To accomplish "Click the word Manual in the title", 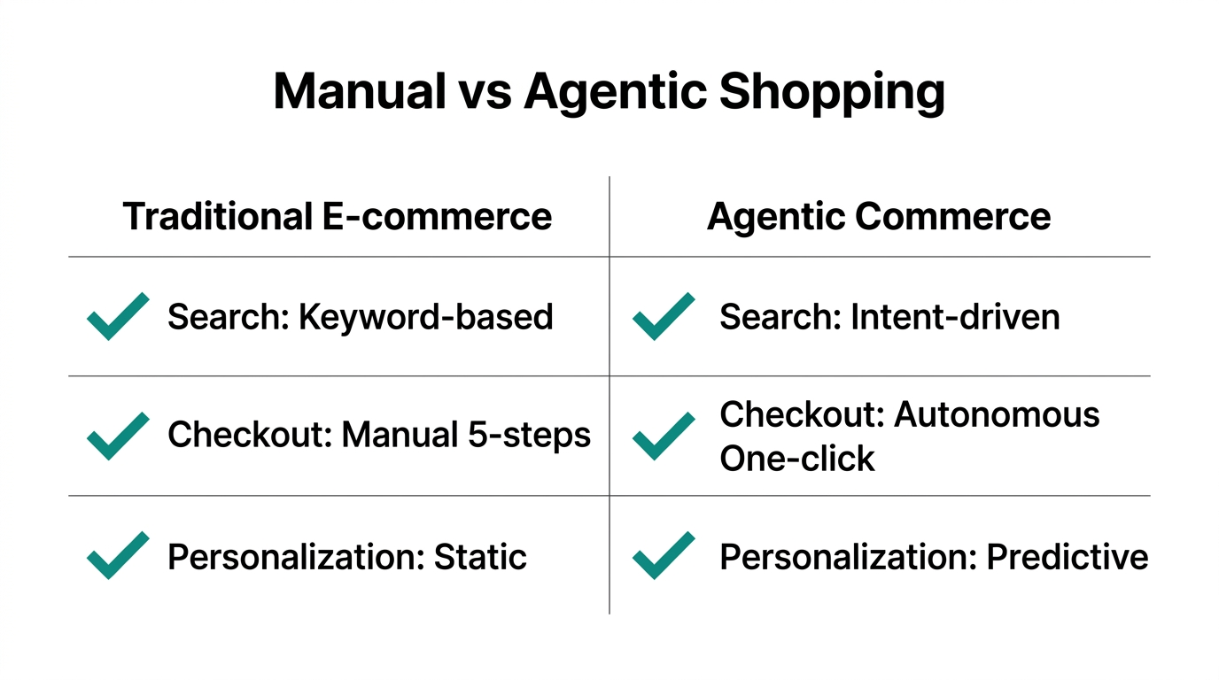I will [x=359, y=92].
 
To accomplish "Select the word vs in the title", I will [x=485, y=92].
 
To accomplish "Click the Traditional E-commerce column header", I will [x=338, y=217].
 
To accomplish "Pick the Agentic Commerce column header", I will [x=879, y=217].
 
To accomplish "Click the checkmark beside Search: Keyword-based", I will [x=118, y=317].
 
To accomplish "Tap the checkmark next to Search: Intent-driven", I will [x=664, y=317].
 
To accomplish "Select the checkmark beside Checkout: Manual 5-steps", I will [x=118, y=436].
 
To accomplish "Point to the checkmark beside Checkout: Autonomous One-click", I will [x=664, y=436].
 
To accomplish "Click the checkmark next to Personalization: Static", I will [x=118, y=555].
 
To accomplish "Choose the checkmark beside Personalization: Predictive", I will [x=664, y=555].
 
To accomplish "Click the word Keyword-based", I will [x=426, y=317].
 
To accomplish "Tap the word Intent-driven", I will [x=955, y=317].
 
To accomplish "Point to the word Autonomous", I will [x=998, y=414].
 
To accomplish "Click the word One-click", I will [x=797, y=459].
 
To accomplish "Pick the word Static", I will [x=480, y=557].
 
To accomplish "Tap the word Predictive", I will [x=1068, y=557].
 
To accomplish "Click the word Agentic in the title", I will [x=613, y=92].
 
